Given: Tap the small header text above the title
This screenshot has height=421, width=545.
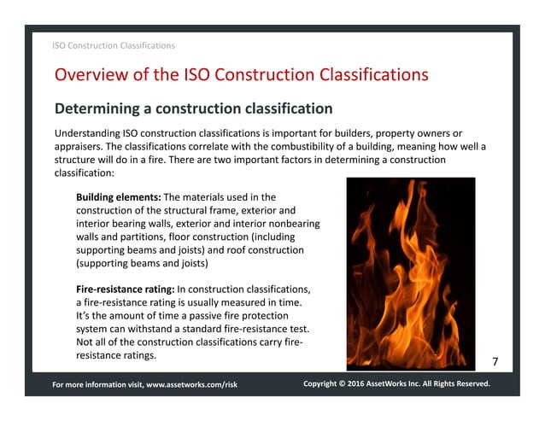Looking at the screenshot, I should [x=114, y=45].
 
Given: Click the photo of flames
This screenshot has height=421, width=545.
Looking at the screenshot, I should [x=405, y=272].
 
